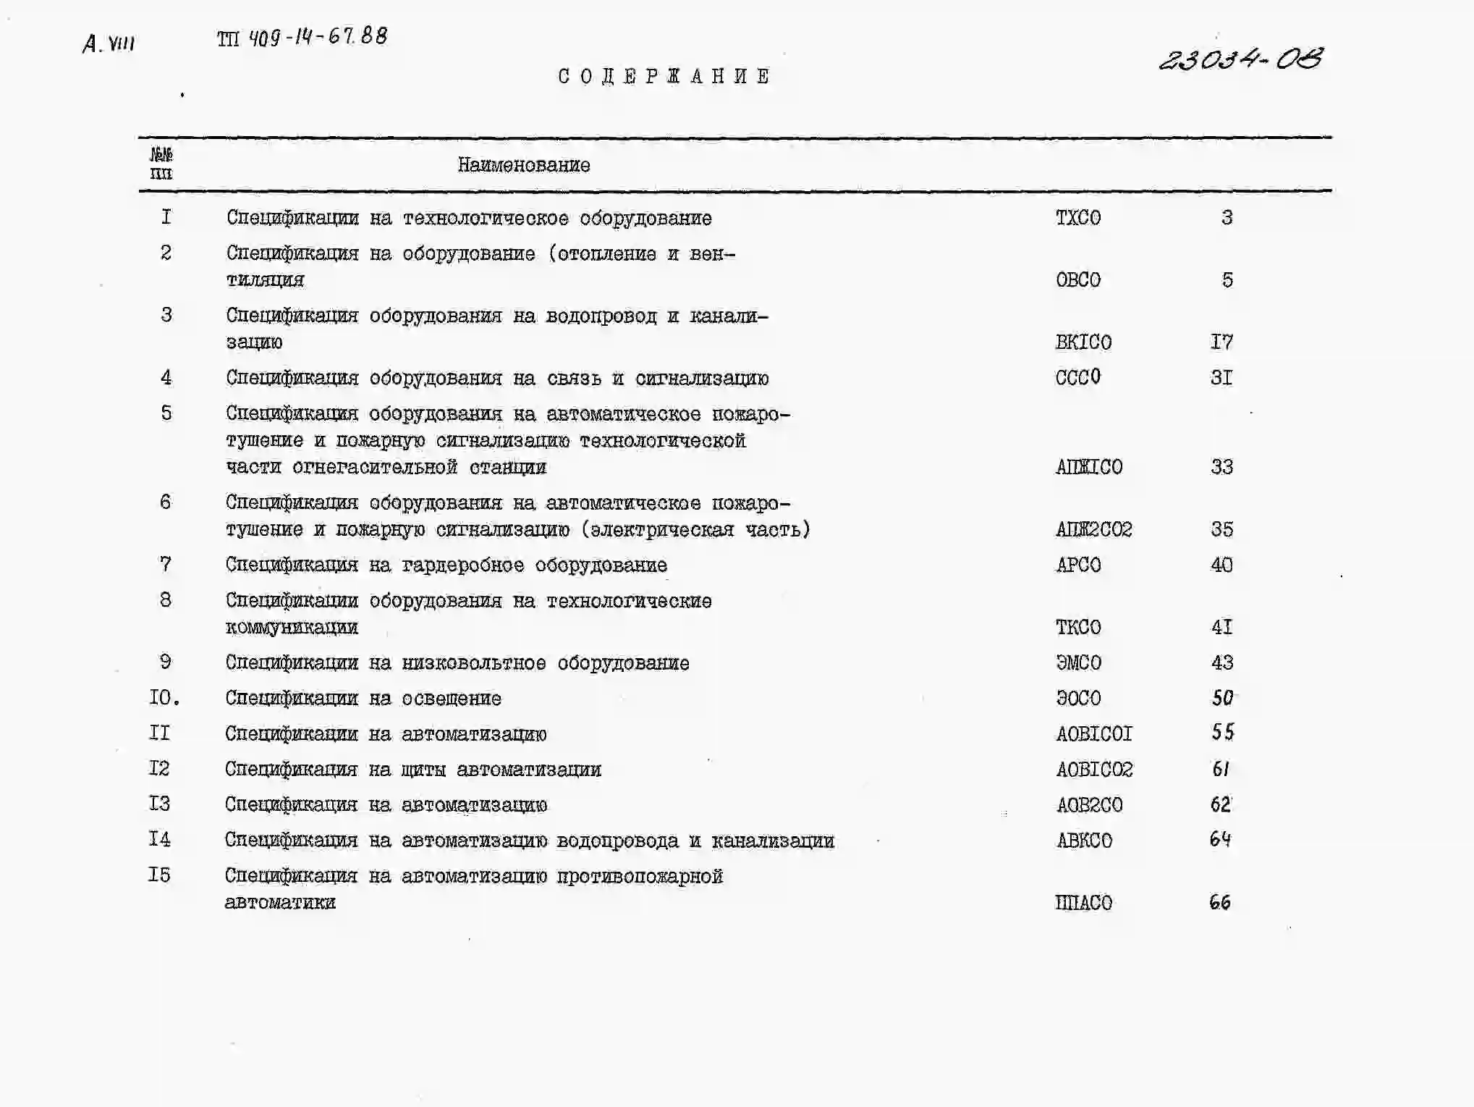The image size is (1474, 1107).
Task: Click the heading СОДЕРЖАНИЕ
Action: point(664,76)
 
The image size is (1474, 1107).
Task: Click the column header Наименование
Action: point(523,165)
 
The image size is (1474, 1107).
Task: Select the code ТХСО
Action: point(1077,218)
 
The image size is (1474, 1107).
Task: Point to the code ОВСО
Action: point(1077,280)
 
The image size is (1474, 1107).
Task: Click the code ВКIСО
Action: point(1083,342)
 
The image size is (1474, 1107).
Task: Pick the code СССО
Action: point(1077,377)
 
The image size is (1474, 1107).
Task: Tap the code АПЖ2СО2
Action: point(1093,529)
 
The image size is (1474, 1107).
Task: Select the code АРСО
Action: point(1077,565)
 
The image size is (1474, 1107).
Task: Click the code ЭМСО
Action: point(1077,662)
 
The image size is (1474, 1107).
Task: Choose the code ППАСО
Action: point(1083,903)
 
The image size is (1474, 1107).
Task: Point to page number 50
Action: point(1221,698)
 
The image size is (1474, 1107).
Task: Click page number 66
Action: point(1219,902)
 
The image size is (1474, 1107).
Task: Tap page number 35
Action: point(1221,529)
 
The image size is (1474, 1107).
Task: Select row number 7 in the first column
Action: point(165,564)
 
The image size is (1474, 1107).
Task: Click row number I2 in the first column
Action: point(159,768)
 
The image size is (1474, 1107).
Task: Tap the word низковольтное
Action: point(473,663)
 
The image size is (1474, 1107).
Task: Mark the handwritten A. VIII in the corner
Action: point(109,44)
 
